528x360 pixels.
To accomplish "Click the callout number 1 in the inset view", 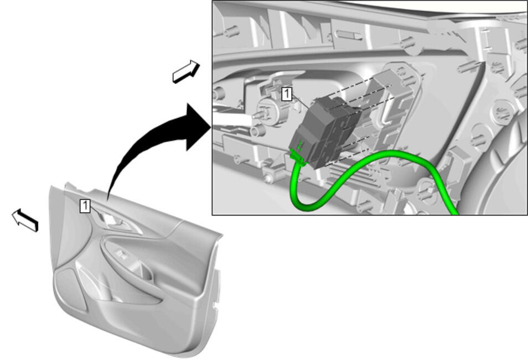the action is pos(287,94).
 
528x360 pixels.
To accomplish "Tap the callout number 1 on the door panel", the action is pos(85,206).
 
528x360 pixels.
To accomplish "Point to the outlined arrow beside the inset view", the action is pos(186,72).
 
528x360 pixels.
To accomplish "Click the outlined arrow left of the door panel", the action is pos(25,220).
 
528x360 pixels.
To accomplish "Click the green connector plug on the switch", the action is pos(298,156).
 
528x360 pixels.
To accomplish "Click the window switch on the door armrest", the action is pos(121,254).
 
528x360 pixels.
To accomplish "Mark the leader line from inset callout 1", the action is pos(301,101).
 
